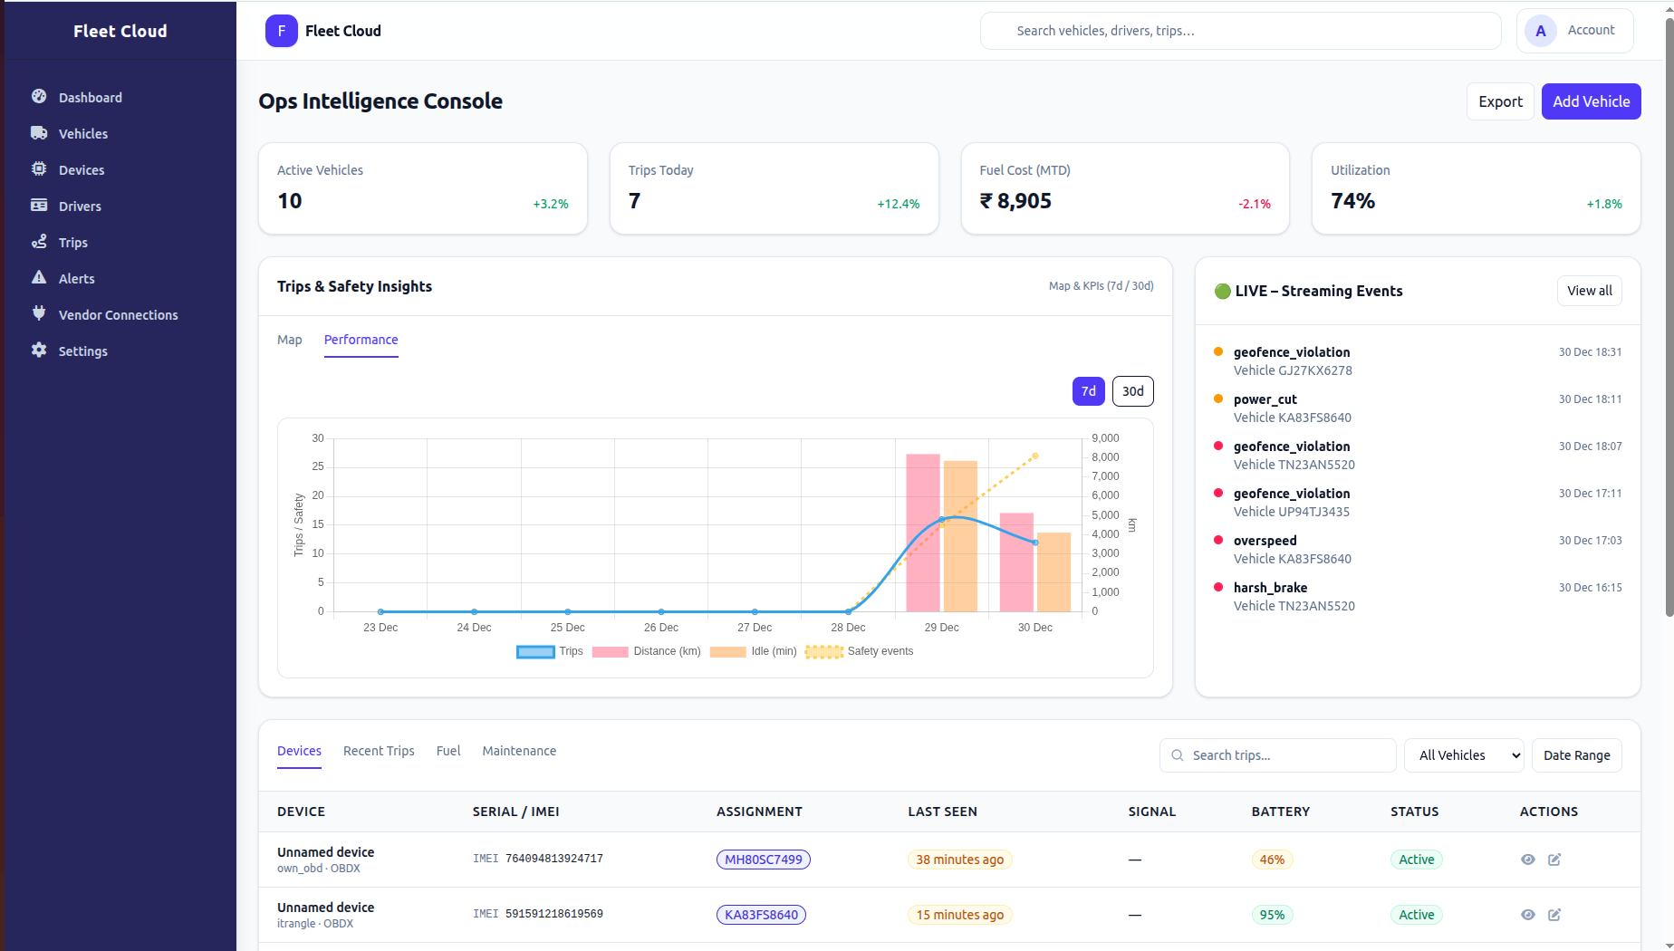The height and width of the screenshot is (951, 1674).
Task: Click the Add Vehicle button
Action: pyautogui.click(x=1591, y=101)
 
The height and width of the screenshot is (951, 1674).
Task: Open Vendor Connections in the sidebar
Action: pyautogui.click(x=118, y=315)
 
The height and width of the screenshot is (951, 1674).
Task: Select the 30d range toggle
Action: pyautogui.click(x=1132, y=391)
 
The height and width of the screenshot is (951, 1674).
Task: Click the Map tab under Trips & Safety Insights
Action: pyautogui.click(x=290, y=340)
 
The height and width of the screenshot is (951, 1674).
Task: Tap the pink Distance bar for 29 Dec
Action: pyautogui.click(x=922, y=534)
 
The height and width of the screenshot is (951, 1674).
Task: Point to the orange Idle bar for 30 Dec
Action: pyautogui.click(x=1053, y=572)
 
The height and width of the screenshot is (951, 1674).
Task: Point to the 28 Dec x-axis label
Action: pyautogui.click(x=848, y=628)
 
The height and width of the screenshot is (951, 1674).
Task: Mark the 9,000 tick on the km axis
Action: pyautogui.click(x=1105, y=438)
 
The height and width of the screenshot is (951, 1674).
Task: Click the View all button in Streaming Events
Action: pyautogui.click(x=1589, y=291)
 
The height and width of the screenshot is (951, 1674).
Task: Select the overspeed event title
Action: pyautogui.click(x=1265, y=541)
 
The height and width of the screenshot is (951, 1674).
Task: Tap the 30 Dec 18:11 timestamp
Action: pyautogui.click(x=1590, y=399)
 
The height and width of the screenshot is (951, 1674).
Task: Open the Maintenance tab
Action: pyautogui.click(x=519, y=751)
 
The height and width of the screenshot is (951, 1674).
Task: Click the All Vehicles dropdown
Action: pyautogui.click(x=1464, y=755)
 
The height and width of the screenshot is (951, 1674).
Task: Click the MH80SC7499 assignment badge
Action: pyautogui.click(x=763, y=860)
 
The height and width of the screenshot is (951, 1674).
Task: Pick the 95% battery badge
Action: pyautogui.click(x=1272, y=915)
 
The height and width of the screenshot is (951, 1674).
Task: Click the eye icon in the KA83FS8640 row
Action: pyautogui.click(x=1527, y=915)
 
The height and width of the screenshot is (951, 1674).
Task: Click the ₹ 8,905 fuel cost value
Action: pyautogui.click(x=1015, y=201)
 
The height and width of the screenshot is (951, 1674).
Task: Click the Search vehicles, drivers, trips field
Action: pyautogui.click(x=1241, y=31)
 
